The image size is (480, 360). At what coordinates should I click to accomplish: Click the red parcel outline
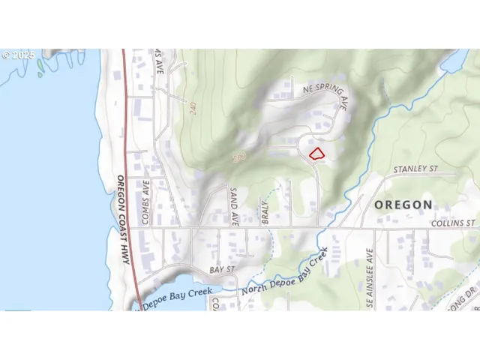coord(317,154)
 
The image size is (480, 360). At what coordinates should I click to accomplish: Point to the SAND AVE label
coord(234,207)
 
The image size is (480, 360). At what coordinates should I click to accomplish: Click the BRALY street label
coord(265,210)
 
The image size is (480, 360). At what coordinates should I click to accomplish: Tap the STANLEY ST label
coord(415,170)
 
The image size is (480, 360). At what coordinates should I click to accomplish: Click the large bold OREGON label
coord(403,204)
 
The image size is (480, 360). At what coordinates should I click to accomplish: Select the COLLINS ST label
coord(453,223)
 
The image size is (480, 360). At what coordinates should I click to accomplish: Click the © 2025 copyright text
coord(18,55)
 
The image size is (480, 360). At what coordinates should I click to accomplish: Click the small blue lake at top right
coord(457,60)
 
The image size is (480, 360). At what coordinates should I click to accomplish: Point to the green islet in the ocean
coord(40,65)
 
